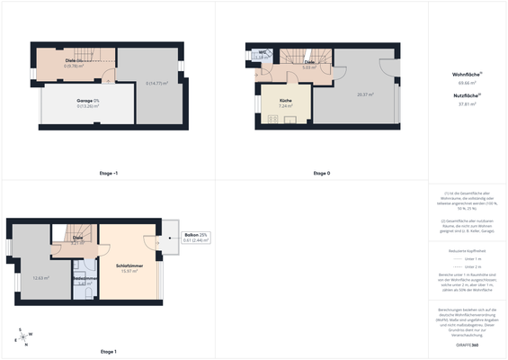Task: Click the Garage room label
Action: (x=86, y=100)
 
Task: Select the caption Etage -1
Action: (x=108, y=172)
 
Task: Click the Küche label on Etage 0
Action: (x=285, y=100)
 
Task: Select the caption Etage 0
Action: (x=321, y=172)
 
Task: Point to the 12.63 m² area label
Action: (x=40, y=278)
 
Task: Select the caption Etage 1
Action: (x=108, y=351)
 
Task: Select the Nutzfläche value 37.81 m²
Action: (x=468, y=103)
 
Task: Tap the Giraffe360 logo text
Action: (x=468, y=345)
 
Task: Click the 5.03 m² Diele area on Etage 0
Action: (x=307, y=67)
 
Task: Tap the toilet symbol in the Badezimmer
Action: (x=79, y=266)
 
